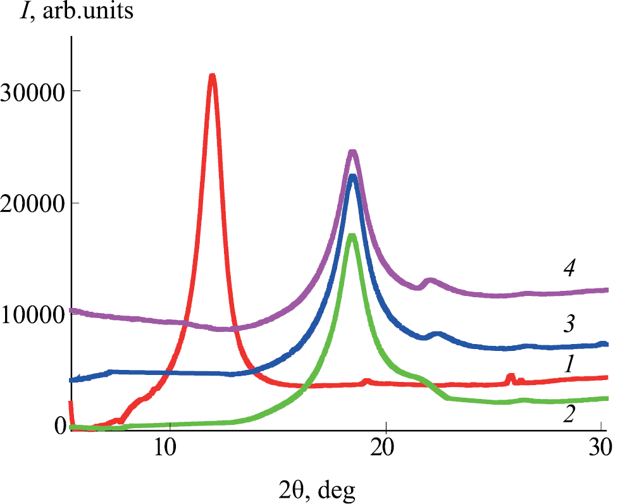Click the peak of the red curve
click(x=213, y=77)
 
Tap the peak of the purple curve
click(x=353, y=152)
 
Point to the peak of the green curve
click(x=352, y=236)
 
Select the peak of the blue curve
click(x=353, y=176)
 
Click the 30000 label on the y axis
click(x=32, y=92)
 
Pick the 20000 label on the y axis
click(x=32, y=204)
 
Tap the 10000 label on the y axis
click(x=32, y=316)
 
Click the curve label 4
click(x=569, y=269)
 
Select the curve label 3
click(x=569, y=324)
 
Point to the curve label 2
click(x=569, y=415)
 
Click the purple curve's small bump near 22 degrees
click(x=430, y=280)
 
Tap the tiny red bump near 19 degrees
click(x=367, y=381)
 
